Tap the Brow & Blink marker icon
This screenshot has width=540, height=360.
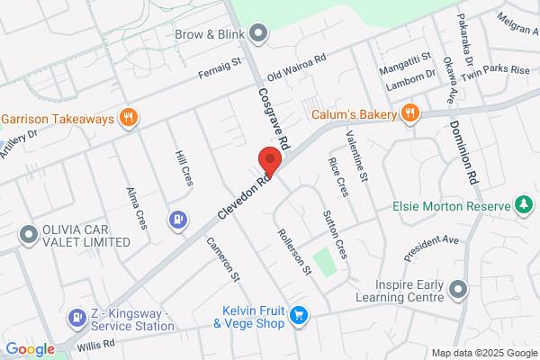click(258, 35)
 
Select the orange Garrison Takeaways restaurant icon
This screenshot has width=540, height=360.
click(129, 118)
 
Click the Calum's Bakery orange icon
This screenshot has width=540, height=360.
click(410, 112)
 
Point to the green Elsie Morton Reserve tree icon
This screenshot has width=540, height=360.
click(523, 205)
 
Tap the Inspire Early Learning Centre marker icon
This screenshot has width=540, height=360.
click(459, 289)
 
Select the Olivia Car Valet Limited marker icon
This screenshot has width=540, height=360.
click(29, 235)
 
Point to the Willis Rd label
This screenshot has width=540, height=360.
click(95, 343)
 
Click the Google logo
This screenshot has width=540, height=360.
click(30, 349)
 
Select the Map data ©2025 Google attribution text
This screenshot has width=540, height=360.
click(483, 352)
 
